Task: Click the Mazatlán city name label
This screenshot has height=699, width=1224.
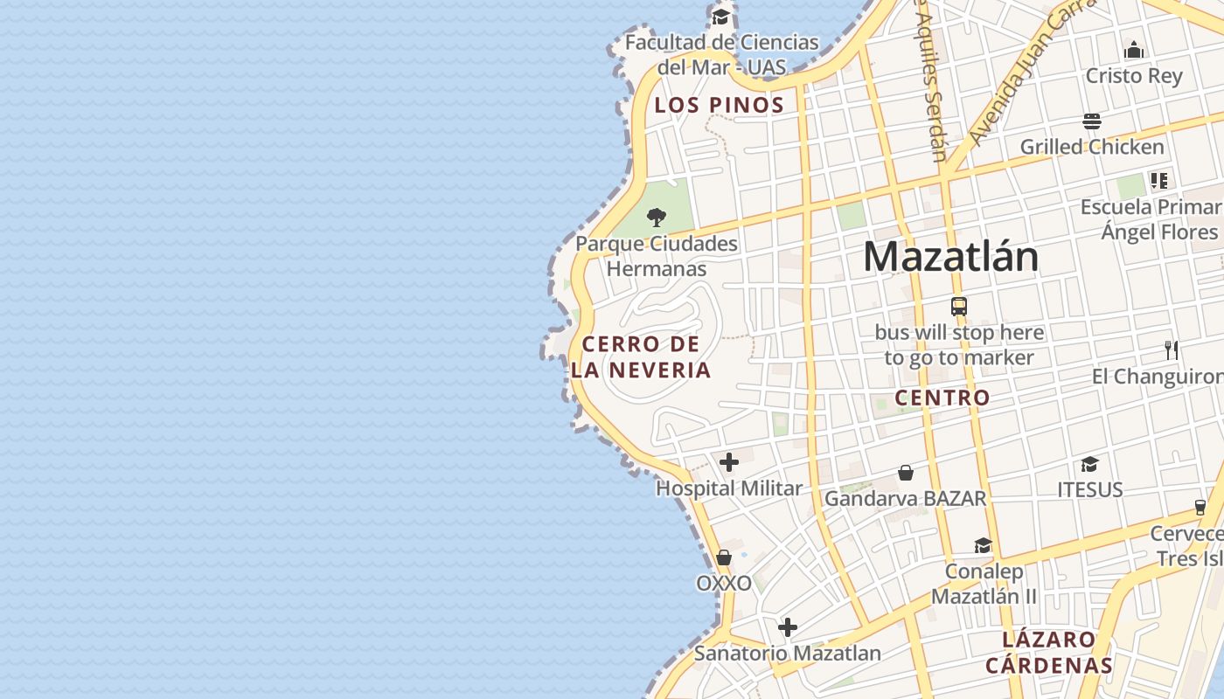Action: click(950, 257)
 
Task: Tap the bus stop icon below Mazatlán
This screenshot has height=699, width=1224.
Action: click(959, 307)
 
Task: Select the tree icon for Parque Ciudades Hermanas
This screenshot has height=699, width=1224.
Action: click(657, 218)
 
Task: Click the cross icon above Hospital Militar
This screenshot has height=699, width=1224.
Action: click(729, 462)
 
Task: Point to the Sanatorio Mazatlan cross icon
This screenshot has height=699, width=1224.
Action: click(788, 627)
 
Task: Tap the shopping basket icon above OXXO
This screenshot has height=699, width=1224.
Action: click(724, 557)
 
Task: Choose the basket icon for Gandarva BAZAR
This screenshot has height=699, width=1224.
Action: click(906, 473)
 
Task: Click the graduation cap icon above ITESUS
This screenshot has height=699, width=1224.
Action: click(1089, 464)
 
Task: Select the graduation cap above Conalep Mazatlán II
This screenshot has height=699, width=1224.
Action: click(983, 546)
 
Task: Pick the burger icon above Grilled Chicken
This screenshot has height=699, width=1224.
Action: click(1092, 121)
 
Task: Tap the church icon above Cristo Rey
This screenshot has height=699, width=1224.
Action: click(1134, 50)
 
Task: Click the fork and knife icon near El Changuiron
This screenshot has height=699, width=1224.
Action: click(1172, 350)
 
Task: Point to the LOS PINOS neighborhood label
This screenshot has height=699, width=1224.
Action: click(719, 106)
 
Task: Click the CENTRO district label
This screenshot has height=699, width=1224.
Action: click(942, 398)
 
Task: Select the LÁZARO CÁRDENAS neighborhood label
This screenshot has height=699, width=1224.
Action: click(1049, 652)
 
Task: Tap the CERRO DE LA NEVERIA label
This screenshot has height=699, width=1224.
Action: click(641, 356)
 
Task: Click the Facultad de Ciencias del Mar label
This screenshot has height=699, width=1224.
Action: click(721, 54)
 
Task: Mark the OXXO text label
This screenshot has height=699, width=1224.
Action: click(724, 584)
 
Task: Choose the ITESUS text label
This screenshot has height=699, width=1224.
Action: click(1089, 490)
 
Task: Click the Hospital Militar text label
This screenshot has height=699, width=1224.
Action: click(729, 488)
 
